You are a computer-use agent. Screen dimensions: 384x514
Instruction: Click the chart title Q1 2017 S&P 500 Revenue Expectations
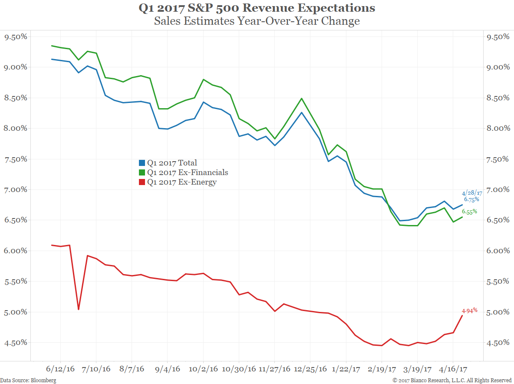[x=257, y=8]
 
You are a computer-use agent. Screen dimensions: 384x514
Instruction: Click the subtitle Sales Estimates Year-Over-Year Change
[x=257, y=21]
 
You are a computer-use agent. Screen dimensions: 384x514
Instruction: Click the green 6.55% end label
[x=469, y=212]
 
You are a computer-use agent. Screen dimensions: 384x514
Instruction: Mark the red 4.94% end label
[x=469, y=311]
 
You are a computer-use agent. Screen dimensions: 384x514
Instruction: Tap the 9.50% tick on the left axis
[x=16, y=37]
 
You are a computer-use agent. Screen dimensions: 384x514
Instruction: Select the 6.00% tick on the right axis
[x=497, y=251]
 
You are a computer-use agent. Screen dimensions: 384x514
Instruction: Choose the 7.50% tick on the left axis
[x=16, y=159]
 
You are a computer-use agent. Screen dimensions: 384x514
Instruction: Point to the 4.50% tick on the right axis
[x=497, y=343]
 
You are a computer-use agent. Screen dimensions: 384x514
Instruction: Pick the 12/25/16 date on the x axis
[x=310, y=369]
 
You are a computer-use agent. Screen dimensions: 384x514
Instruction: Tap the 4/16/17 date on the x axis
[x=453, y=369]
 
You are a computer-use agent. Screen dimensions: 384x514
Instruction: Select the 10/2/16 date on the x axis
[x=204, y=369]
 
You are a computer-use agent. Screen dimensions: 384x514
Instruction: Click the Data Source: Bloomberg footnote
[x=28, y=381]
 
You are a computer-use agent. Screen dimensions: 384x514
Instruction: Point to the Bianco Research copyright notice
[x=452, y=381]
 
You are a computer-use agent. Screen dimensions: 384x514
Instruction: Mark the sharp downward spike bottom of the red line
[x=79, y=309]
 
